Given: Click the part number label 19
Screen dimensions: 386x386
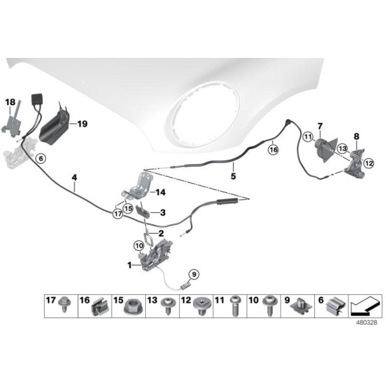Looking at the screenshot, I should tap(82, 124).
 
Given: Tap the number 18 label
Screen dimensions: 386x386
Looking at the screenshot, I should tap(10, 102).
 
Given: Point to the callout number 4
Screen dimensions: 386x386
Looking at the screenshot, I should tap(75, 178).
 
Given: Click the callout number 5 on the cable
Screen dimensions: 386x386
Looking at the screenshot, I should tap(233, 177).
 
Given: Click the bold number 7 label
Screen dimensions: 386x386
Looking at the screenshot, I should tap(319, 126).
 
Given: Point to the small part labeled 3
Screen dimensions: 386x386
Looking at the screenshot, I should tap(146, 213).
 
